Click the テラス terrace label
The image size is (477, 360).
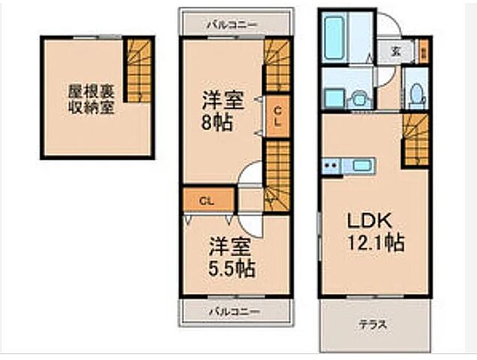tap(372, 325)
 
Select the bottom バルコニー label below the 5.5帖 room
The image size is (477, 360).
tap(234, 310)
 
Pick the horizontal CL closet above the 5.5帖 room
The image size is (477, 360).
tap(207, 200)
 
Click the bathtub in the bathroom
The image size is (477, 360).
tap(334, 37)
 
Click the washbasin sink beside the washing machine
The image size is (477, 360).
tap(359, 97)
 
